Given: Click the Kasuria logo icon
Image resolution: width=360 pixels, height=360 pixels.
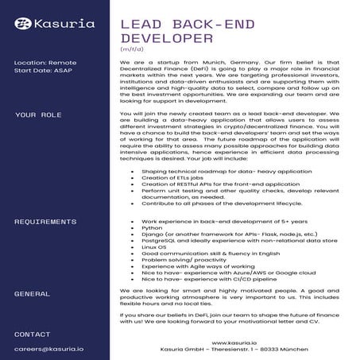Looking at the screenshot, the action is [x=24, y=25].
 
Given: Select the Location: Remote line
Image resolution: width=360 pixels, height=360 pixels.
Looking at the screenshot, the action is [x=45, y=62].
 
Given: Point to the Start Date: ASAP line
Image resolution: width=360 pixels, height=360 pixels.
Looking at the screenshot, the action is [x=42, y=70].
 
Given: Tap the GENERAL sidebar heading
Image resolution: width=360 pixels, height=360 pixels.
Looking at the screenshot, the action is [x=32, y=293].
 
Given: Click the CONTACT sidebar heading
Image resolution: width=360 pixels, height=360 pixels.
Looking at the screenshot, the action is [x=32, y=334].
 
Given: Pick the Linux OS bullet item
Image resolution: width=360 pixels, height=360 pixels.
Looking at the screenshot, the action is [x=155, y=247].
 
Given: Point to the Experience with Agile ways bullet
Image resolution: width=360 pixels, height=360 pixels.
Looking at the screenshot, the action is [x=198, y=266].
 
